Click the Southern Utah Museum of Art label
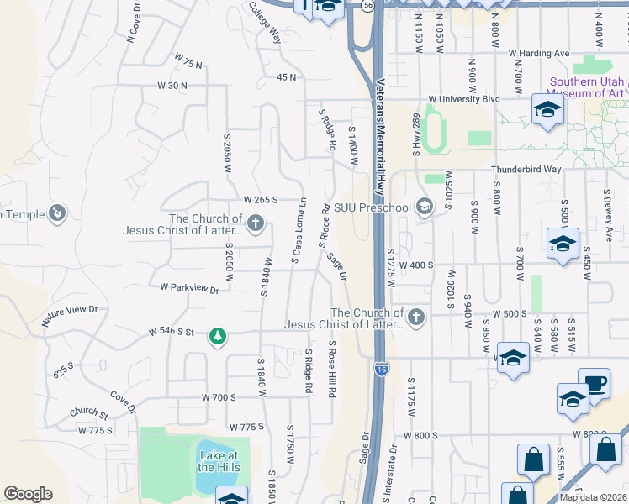coord(587,87)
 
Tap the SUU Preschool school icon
coord(425,207)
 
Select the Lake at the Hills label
coord(219,461)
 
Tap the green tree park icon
coord(218,336)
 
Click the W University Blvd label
coord(463,98)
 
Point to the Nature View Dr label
coord(70,315)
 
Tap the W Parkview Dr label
coord(189,288)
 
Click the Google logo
coord(28,494)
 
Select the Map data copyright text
coord(594,497)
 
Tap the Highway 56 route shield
coord(367,4)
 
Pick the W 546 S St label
coord(172,332)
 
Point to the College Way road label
coord(264,22)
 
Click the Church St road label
coord(89,413)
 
